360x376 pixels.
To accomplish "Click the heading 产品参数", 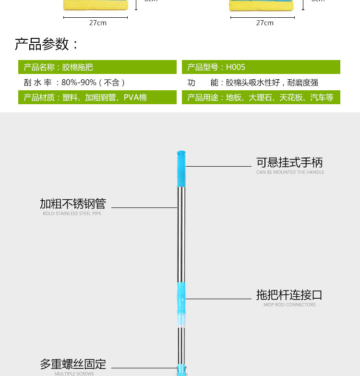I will point(47,45).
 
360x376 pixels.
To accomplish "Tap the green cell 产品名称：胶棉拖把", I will point(97,67).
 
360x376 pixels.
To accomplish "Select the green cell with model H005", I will point(261,67).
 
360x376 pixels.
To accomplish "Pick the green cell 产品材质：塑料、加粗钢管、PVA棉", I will point(97,97).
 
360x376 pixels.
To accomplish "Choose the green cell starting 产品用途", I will point(261,97).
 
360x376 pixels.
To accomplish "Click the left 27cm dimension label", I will point(97,23).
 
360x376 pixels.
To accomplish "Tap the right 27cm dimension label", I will point(264,23).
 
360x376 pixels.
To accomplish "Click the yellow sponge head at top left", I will point(96,5).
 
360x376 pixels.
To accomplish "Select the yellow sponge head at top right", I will point(262,5).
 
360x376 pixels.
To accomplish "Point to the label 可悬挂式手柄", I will point(289,162).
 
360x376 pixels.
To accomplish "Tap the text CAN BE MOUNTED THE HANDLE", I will point(290,172).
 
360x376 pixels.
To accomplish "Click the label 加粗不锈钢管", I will point(72,204).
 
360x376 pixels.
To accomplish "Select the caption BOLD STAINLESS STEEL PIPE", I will point(72,214).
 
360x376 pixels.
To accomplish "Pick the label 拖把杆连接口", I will point(289,294).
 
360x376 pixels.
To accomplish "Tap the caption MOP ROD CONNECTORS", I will point(289,304).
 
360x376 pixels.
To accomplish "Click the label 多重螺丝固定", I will point(72,364).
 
